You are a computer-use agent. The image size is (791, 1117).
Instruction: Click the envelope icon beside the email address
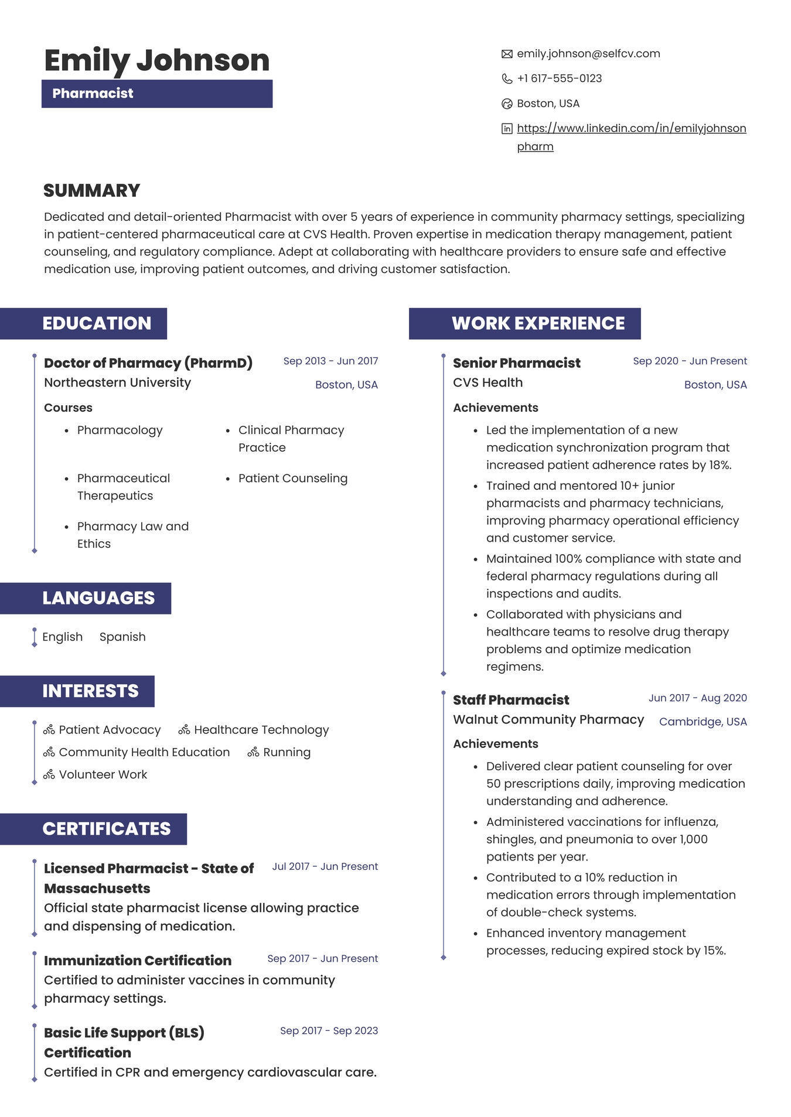coord(507,54)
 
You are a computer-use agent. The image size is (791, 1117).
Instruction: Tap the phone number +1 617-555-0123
coord(559,78)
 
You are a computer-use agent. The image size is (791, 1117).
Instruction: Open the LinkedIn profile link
coord(631,128)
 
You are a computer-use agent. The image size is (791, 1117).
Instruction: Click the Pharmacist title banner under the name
coord(156,94)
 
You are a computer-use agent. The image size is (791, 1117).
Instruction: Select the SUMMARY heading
coord(91,190)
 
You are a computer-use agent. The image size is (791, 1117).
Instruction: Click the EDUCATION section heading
coord(97,323)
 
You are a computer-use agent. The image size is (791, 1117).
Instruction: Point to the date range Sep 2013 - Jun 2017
coord(330,361)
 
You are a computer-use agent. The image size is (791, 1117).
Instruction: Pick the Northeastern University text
coord(117,382)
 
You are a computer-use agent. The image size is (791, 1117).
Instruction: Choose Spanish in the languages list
coord(122,637)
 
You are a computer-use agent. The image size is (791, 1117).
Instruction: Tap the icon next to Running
coord(253,752)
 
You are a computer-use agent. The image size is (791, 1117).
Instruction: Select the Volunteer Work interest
coord(103,774)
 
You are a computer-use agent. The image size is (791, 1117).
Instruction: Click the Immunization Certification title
coord(138,961)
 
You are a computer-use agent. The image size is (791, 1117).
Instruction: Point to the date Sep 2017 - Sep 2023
coord(329,1030)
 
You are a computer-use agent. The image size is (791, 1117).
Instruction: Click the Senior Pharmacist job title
coord(516,363)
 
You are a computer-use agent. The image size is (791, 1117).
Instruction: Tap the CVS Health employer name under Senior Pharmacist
coord(487,382)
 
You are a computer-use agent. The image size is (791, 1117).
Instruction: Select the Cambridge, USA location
coord(703,722)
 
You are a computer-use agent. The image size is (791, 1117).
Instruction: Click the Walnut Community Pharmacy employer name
coord(548,719)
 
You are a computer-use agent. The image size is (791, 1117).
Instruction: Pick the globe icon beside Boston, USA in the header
coord(507,104)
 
